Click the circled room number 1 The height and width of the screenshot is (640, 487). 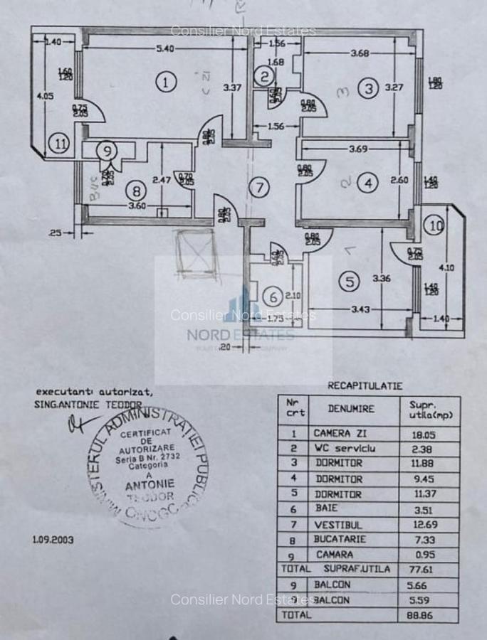pos(166,82)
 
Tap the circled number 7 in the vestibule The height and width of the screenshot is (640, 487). pos(260,188)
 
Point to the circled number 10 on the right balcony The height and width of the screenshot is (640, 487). pos(435,225)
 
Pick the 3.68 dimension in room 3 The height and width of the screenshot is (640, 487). pos(361,53)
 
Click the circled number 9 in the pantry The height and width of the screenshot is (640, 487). pos(106,151)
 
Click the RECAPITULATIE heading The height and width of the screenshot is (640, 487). pos(365,386)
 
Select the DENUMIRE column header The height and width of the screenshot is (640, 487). pos(351,409)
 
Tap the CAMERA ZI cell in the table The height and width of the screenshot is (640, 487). pos(342,433)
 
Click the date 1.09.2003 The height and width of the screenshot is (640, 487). pos(53,539)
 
